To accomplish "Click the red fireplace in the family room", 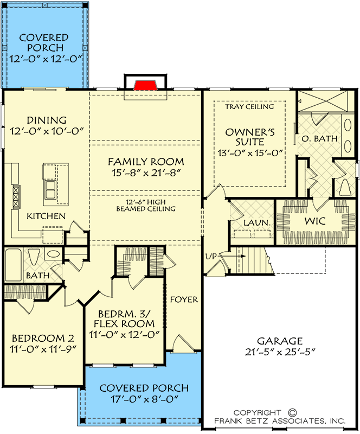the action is pos(146,85).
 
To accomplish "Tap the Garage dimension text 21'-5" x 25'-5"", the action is pos(280,352).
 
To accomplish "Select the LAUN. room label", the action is pos(256,222).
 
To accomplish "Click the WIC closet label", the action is pos(315,221).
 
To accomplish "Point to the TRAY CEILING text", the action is pos(249,106).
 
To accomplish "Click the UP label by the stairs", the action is pos(211,256).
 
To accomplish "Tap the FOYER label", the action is pos(184,299).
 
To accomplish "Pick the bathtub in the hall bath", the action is pos(13,265).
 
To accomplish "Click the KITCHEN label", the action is pos(46,216).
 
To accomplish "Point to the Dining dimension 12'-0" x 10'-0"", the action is pos(47,131).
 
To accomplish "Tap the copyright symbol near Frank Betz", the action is pos(292,413).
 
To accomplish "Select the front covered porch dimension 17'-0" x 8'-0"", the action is pos(144,399).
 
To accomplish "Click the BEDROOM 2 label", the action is pos(43,338).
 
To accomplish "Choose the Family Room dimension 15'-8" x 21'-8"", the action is pos(146,173).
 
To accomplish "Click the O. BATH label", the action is pos(319,138).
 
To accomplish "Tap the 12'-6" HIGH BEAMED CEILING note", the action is pos(146,206).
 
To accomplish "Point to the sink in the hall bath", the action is pos(54,254).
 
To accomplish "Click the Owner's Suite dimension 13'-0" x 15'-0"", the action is pos(250,153).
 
